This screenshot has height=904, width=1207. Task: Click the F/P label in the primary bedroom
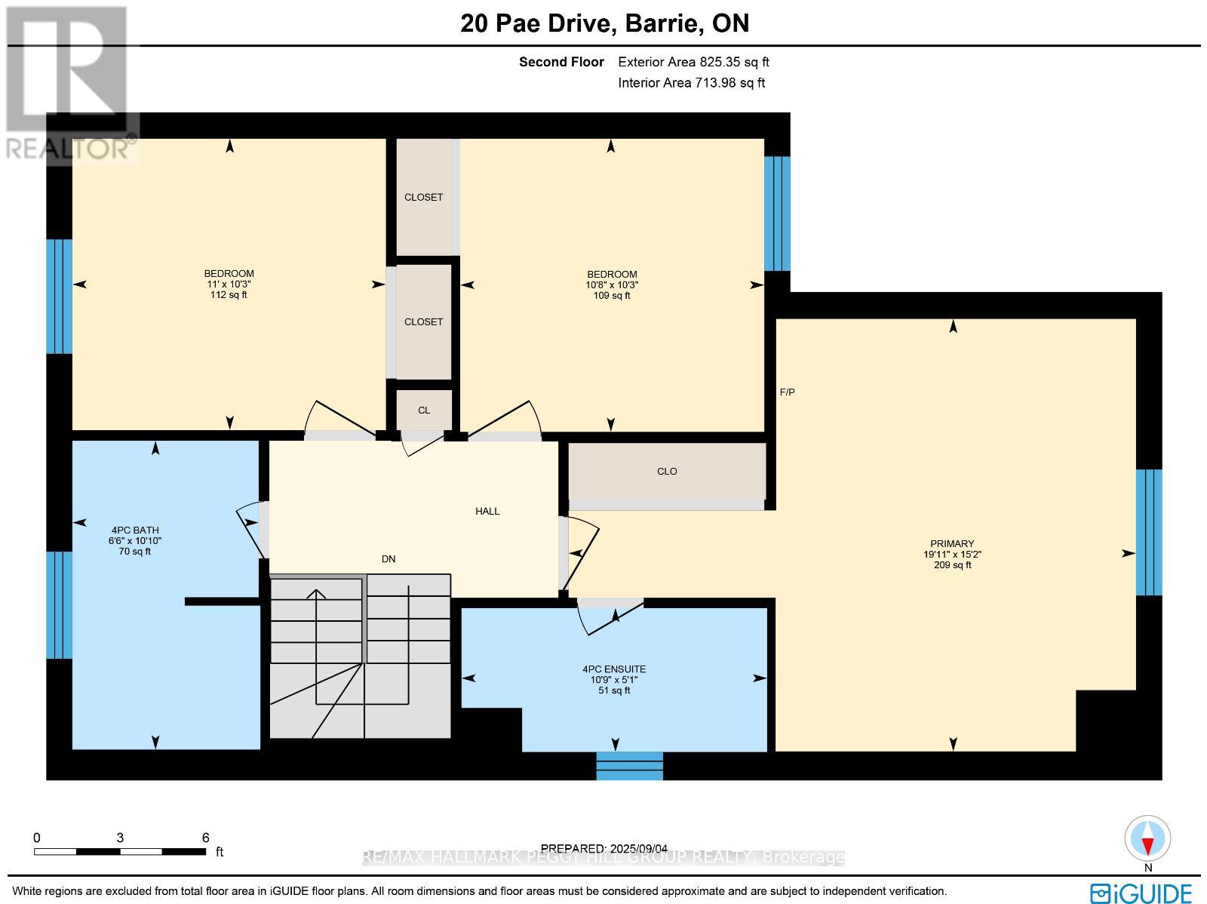(787, 392)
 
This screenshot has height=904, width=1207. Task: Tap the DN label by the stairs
(389, 559)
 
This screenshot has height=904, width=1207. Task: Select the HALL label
(487, 512)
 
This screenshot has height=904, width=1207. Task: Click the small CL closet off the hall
(424, 410)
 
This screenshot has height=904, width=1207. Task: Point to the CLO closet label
(667, 472)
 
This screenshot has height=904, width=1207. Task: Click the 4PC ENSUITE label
(614, 669)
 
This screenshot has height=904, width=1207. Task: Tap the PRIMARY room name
(952, 543)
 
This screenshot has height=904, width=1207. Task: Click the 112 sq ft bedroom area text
(229, 295)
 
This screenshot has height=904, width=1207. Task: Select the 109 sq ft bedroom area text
(612, 296)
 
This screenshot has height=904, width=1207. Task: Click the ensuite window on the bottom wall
(630, 765)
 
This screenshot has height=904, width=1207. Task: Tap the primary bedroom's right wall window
(1148, 532)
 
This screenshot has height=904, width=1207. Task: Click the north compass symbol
(1148, 839)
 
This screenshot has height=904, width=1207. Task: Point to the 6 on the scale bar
(205, 838)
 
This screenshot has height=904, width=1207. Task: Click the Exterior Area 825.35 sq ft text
(693, 63)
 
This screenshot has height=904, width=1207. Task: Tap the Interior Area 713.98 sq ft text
(691, 83)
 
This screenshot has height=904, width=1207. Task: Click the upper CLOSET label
(424, 198)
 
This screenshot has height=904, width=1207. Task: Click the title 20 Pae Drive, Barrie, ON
(605, 23)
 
